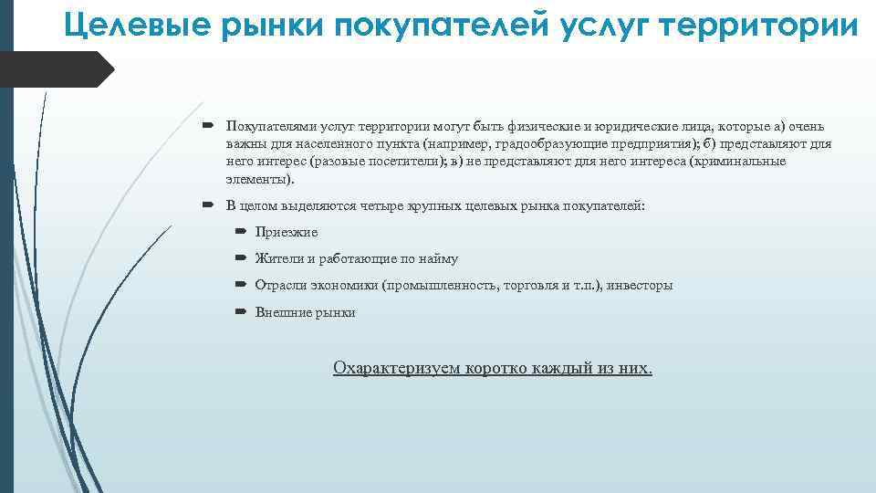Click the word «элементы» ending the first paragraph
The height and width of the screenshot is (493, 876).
click(257, 179)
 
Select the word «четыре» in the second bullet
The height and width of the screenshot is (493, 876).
click(377, 205)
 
